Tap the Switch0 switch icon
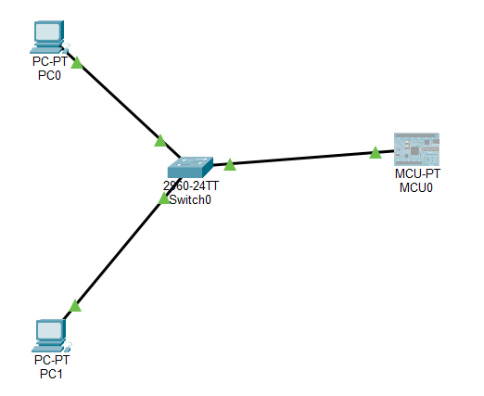(190, 167)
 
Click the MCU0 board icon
(415, 149)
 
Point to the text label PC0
(50, 75)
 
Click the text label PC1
(50, 374)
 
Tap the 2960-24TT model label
(191, 185)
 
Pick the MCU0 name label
(415, 186)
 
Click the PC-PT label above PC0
(50, 63)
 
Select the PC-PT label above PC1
(50, 361)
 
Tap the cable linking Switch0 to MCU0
(301, 159)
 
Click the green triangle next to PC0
(77, 63)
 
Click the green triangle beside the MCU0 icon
(375, 152)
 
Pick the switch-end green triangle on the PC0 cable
(160, 140)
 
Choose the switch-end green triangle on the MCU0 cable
(229, 164)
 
